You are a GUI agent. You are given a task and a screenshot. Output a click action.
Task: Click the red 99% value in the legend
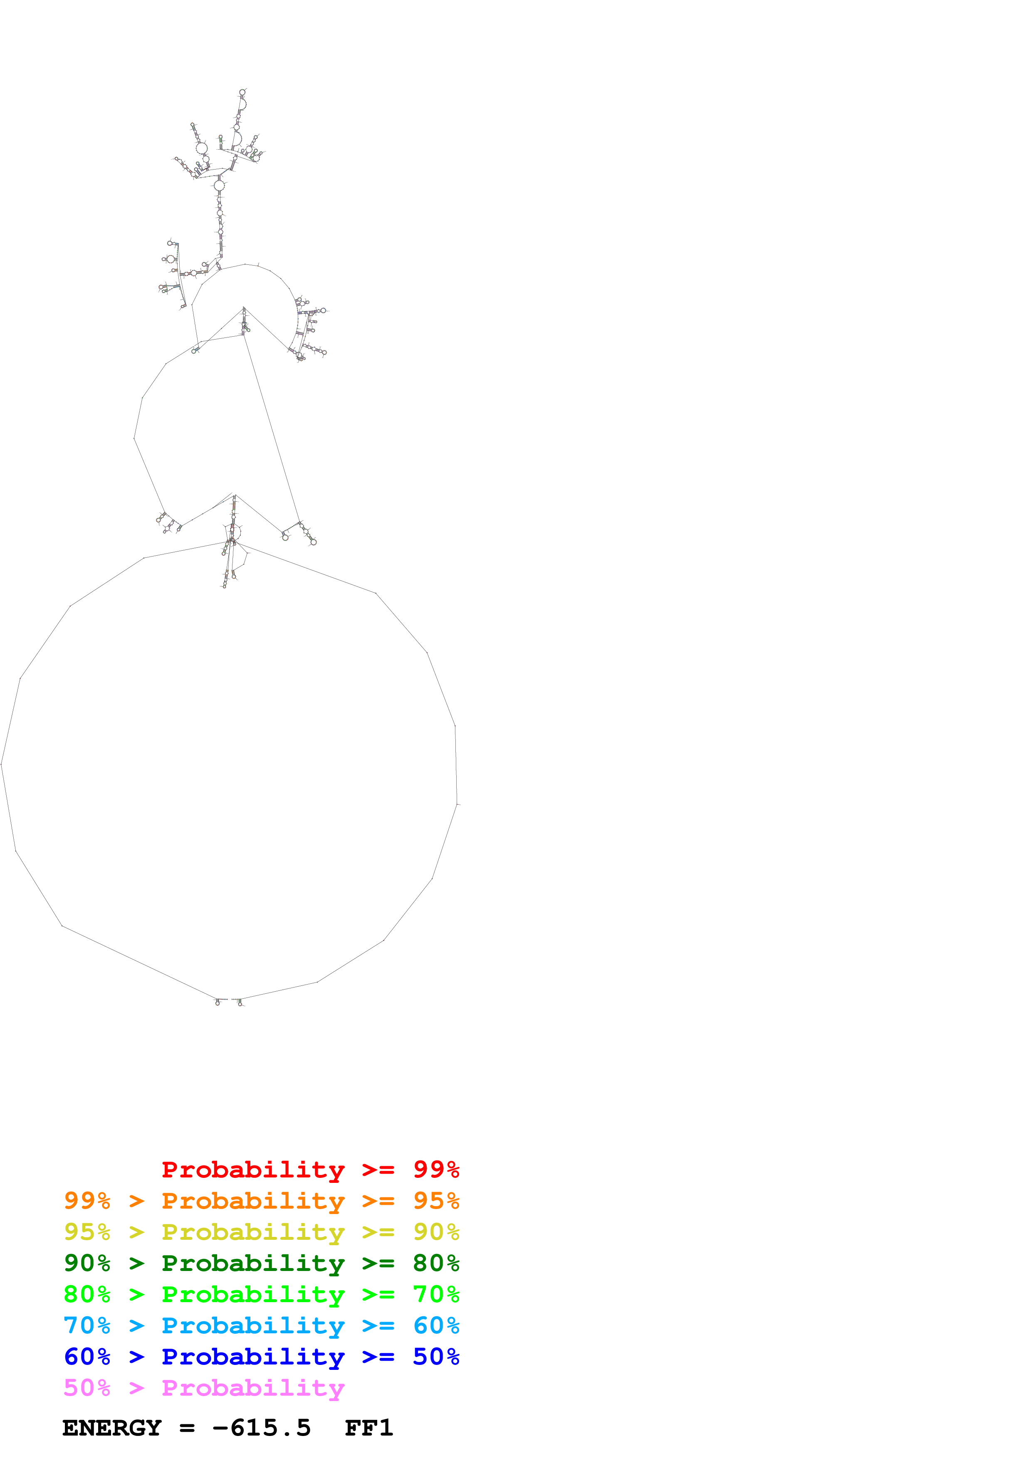pyautogui.click(x=436, y=1169)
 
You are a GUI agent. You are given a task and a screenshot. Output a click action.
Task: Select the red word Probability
pyautogui.click(x=253, y=1169)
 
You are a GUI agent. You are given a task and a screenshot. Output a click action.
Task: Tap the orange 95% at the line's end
pyautogui.click(x=436, y=1200)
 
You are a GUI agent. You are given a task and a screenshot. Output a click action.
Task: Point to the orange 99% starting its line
pyautogui.click(x=87, y=1200)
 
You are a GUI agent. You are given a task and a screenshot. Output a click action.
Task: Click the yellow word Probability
pyautogui.click(x=253, y=1231)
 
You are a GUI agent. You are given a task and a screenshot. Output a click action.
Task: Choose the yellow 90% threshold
pyautogui.click(x=436, y=1231)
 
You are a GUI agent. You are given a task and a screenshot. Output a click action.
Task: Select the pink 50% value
pyautogui.click(x=87, y=1387)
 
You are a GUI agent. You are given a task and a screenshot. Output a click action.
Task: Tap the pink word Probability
pyautogui.click(x=253, y=1387)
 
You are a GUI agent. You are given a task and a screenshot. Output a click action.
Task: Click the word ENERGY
pyautogui.click(x=112, y=1428)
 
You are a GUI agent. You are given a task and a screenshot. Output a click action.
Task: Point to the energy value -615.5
pyautogui.click(x=262, y=1428)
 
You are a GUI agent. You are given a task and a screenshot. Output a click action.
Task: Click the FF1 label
pyautogui.click(x=368, y=1428)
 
